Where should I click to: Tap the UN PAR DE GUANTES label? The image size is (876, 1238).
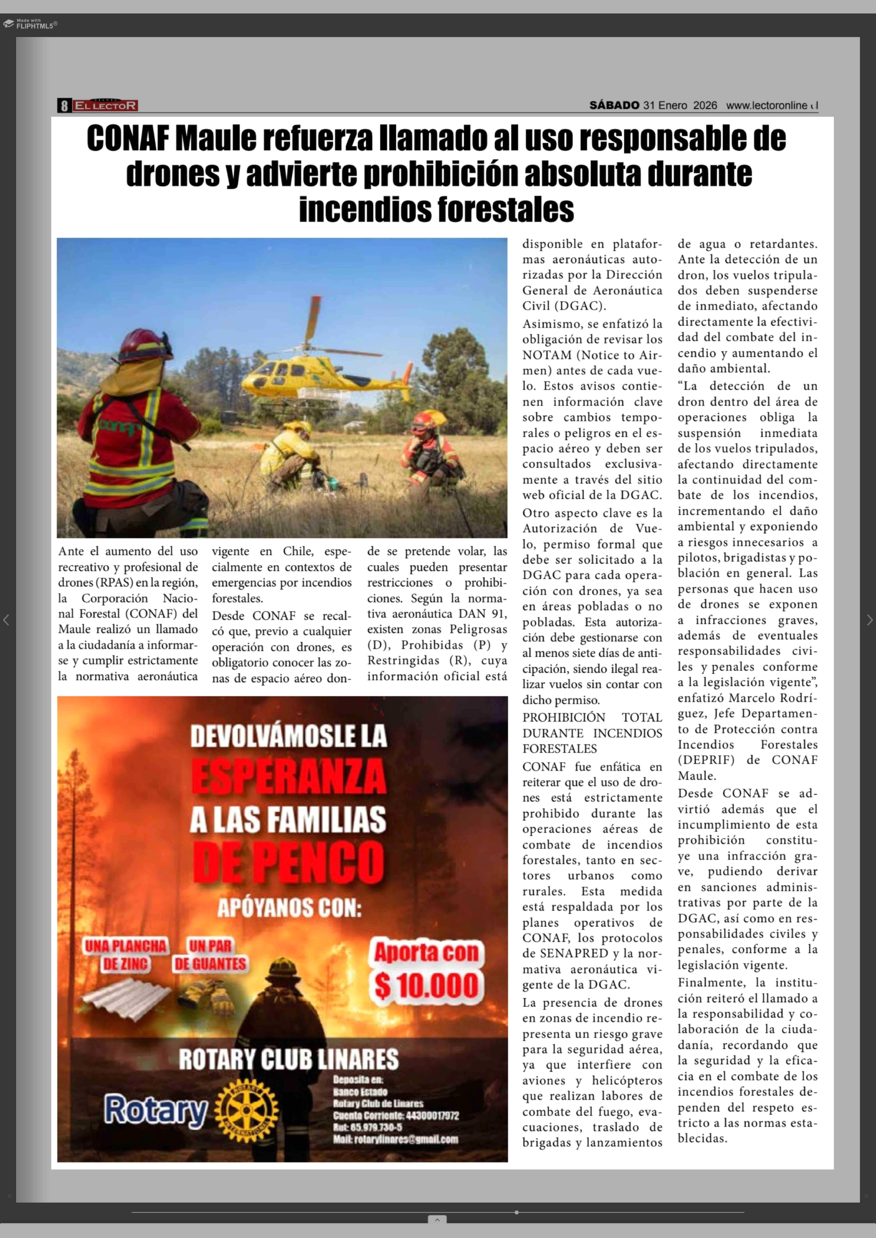click(210, 955)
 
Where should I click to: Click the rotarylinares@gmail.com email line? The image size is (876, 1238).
click(395, 1139)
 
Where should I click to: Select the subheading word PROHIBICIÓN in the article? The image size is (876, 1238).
click(564, 718)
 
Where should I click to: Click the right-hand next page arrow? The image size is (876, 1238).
click(869, 620)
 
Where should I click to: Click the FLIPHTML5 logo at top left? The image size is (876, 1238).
click(30, 24)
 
